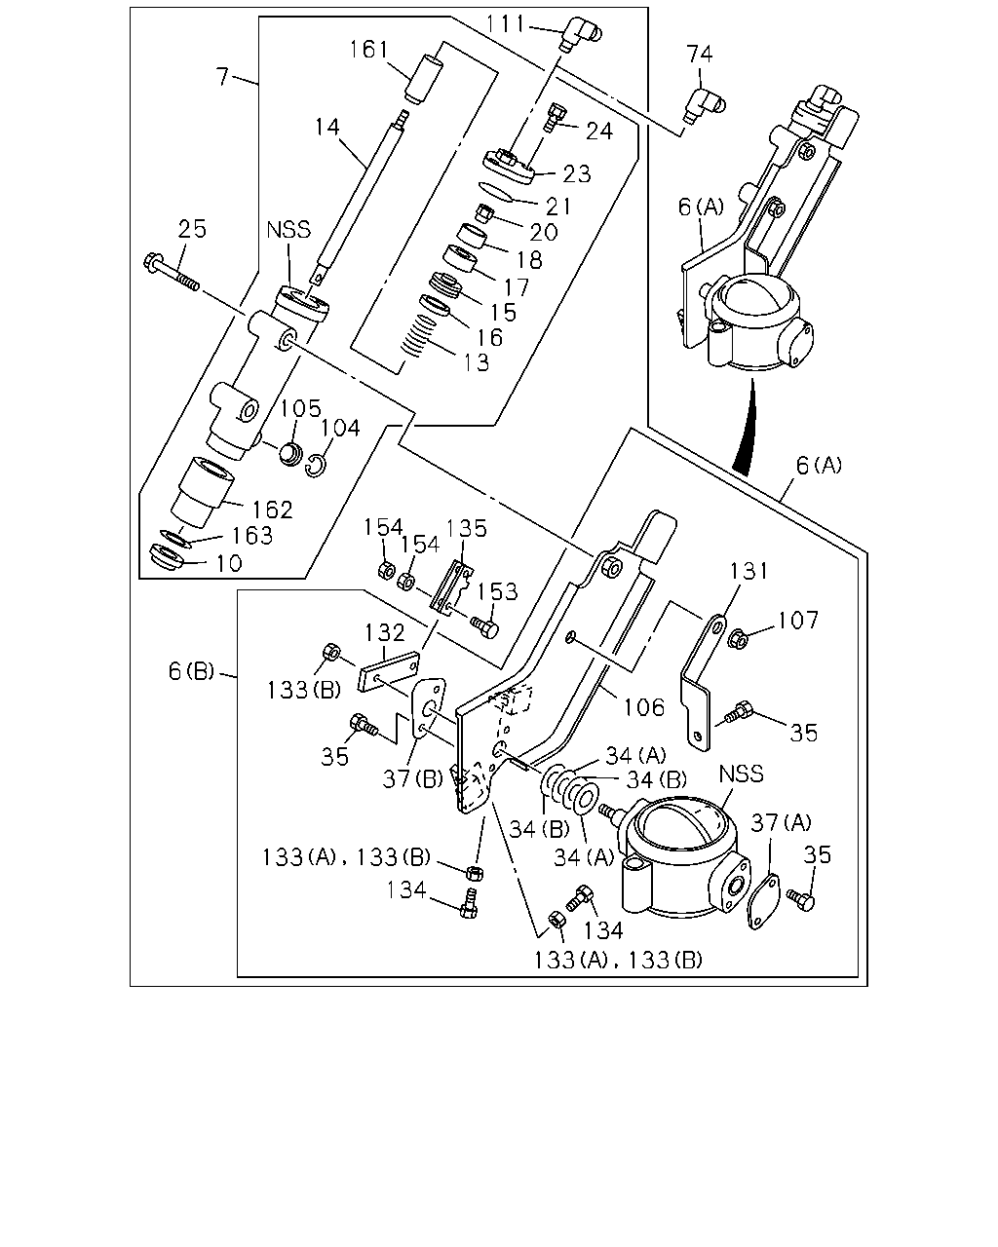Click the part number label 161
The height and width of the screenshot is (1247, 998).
tap(368, 50)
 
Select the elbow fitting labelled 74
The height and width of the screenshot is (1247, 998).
tap(704, 103)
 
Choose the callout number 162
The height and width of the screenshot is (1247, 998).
tap(272, 510)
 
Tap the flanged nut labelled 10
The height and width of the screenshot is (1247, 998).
tap(167, 558)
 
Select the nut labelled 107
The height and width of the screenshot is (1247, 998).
tap(738, 638)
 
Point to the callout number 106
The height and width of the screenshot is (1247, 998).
tap(643, 707)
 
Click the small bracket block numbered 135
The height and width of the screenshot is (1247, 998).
tap(452, 586)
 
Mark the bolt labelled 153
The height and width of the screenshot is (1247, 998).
tap(484, 627)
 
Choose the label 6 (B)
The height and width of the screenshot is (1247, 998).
tap(191, 671)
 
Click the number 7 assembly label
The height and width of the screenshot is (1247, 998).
tap(222, 77)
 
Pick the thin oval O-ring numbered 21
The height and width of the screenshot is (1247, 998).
tap(496, 192)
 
